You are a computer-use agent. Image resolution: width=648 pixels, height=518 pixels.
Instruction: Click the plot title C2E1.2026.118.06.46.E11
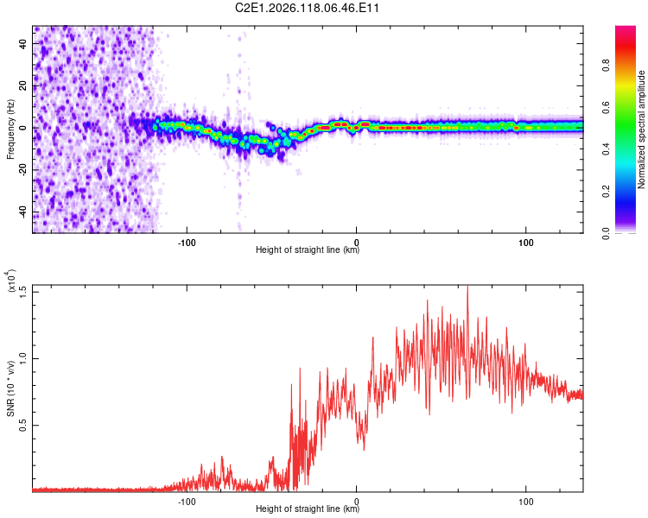[x=307, y=8]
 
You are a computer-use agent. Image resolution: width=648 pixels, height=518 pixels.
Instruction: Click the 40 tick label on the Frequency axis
[x=22, y=43]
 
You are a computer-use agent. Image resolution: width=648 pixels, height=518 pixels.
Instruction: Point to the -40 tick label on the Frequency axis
[x=22, y=212]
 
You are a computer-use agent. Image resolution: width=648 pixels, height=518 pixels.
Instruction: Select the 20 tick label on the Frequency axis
[x=22, y=85]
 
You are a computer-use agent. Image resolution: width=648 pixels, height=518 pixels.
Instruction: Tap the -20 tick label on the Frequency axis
[x=22, y=170]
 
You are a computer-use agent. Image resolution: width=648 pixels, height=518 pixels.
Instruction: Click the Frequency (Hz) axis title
[x=10, y=129]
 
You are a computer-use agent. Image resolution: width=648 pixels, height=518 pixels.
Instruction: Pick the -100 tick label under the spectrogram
[x=187, y=243]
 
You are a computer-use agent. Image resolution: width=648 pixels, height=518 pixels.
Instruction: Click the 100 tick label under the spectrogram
[x=525, y=243]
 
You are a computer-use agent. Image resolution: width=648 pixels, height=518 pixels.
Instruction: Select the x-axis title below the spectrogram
[x=308, y=250]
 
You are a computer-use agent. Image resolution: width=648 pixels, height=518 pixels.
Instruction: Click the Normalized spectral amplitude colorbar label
[x=641, y=129]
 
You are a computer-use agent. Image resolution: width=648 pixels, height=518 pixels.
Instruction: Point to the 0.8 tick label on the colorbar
[x=606, y=66]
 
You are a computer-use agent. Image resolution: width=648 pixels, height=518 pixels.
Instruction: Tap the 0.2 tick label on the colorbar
[x=606, y=192]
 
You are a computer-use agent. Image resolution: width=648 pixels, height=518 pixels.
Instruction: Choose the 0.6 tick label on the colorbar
[x=606, y=107]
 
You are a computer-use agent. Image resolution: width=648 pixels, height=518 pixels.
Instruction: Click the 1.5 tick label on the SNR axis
[x=22, y=292]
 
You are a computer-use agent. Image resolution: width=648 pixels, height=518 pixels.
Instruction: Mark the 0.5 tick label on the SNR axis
[x=22, y=425]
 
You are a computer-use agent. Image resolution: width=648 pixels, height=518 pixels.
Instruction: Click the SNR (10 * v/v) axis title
[x=11, y=388]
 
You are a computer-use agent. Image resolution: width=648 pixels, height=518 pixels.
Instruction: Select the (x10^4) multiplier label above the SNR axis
[x=11, y=281]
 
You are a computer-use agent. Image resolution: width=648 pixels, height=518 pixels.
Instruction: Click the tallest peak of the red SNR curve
[x=467, y=287]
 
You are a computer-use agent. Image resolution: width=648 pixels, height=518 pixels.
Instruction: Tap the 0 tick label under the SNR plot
[x=356, y=502]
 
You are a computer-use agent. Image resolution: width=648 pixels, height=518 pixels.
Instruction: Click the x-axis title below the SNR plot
[x=308, y=509]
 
